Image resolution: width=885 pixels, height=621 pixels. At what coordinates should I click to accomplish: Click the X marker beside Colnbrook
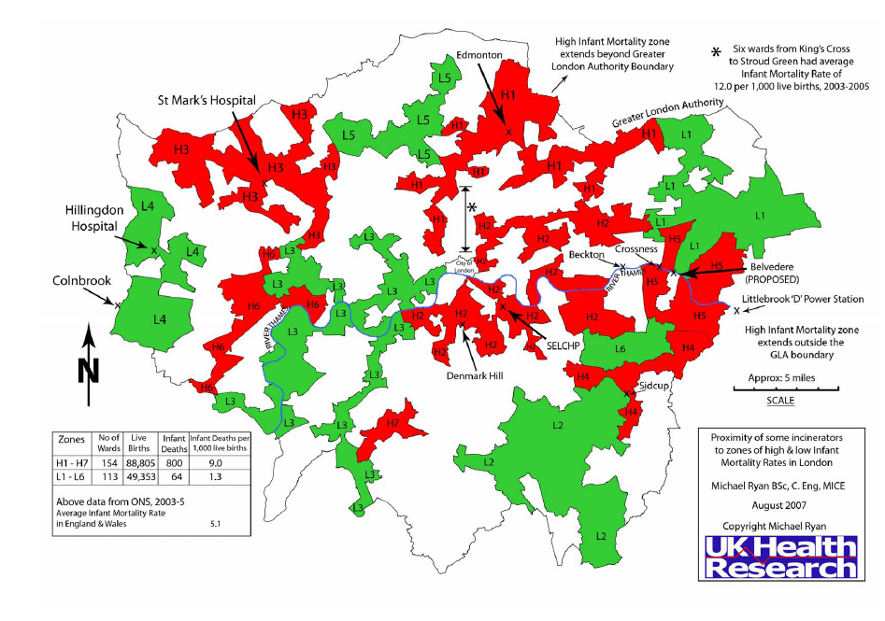[x=118, y=304]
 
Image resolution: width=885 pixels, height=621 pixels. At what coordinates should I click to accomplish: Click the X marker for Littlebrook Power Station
[x=736, y=310]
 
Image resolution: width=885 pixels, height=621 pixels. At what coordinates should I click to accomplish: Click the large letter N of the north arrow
[x=88, y=371]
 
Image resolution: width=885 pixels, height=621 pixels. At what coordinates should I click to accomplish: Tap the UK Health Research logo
[x=782, y=557]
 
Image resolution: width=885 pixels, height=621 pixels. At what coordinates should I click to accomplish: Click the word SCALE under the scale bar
[x=780, y=400]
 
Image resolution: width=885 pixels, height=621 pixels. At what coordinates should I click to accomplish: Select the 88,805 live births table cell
[x=143, y=461]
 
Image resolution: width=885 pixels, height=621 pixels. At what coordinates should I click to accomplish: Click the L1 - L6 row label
[x=71, y=475]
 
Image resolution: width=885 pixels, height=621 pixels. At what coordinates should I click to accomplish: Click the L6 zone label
[x=620, y=349]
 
